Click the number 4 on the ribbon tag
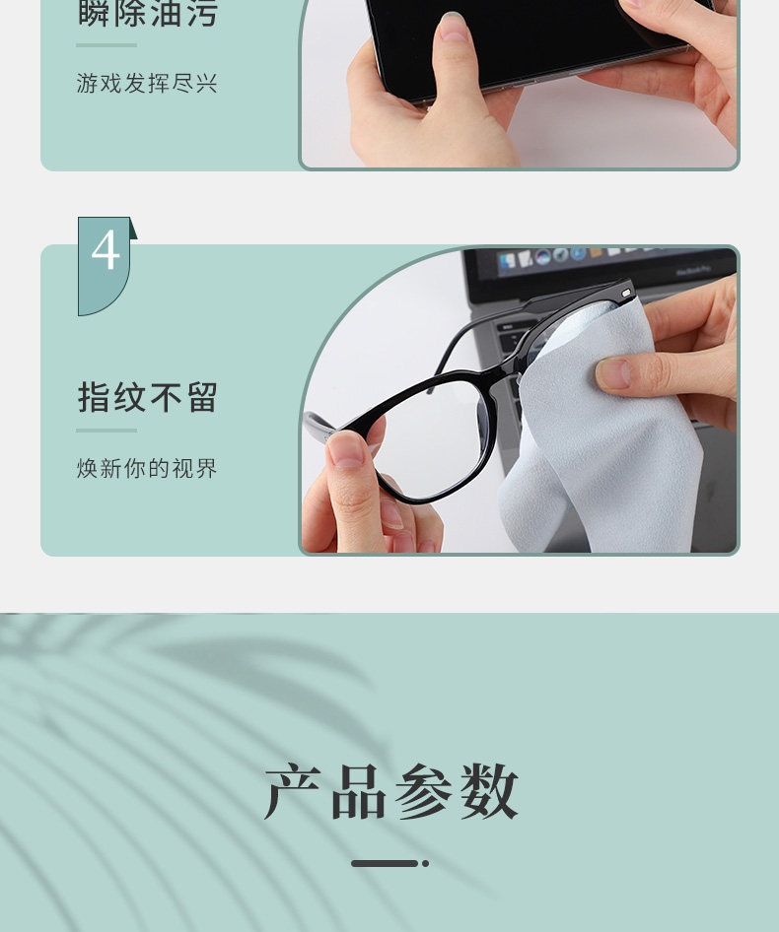[106, 250]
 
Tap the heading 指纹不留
[148, 397]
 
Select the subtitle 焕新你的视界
[147, 468]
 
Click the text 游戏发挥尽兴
[147, 83]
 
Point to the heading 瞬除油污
[148, 13]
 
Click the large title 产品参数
[390, 791]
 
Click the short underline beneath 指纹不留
[106, 431]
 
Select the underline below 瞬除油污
[106, 45]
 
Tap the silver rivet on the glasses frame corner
[625, 293]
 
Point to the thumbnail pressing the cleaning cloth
[614, 373]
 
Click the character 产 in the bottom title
[292, 791]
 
